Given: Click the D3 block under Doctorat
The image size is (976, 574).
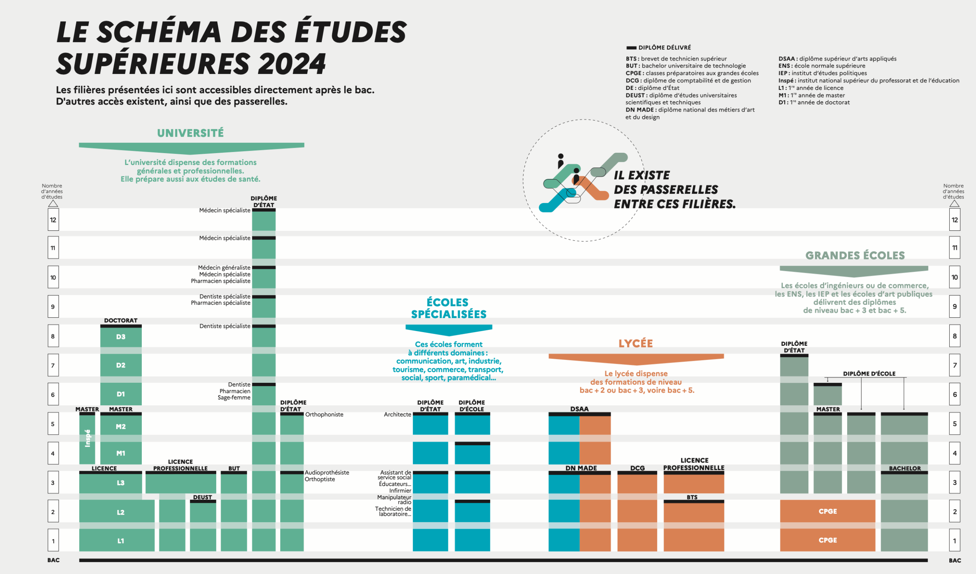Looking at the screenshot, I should (x=121, y=337).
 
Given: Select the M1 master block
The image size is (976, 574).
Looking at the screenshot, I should (x=121, y=453).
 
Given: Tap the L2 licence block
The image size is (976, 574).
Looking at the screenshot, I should (x=120, y=512).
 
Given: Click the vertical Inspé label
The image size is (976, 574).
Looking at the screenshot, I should (x=88, y=438).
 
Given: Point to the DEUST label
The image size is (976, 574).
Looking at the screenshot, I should (x=202, y=497).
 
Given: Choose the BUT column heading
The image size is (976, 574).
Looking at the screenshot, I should (x=234, y=468).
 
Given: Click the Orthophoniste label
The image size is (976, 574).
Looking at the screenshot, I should (x=324, y=414).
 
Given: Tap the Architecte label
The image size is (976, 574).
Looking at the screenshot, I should (x=397, y=414).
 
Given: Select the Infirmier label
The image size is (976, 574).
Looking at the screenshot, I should (x=400, y=491).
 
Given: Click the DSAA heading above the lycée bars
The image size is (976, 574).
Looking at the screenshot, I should (x=579, y=409).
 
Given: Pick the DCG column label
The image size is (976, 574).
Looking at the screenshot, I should (x=637, y=468).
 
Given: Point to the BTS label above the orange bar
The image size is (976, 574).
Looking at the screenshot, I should (x=692, y=497).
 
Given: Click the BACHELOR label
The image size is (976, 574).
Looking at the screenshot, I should (x=905, y=468).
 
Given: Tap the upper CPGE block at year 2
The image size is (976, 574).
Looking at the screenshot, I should (x=828, y=511).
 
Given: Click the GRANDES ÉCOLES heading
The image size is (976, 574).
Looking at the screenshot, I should (x=855, y=256).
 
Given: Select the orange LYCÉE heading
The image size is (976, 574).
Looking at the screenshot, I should (x=636, y=343).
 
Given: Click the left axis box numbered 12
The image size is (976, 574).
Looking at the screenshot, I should (x=53, y=220).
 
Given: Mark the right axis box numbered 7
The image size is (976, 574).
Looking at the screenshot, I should (x=955, y=365).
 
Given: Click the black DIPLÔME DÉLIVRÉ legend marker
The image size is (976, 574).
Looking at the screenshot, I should (x=631, y=48).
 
